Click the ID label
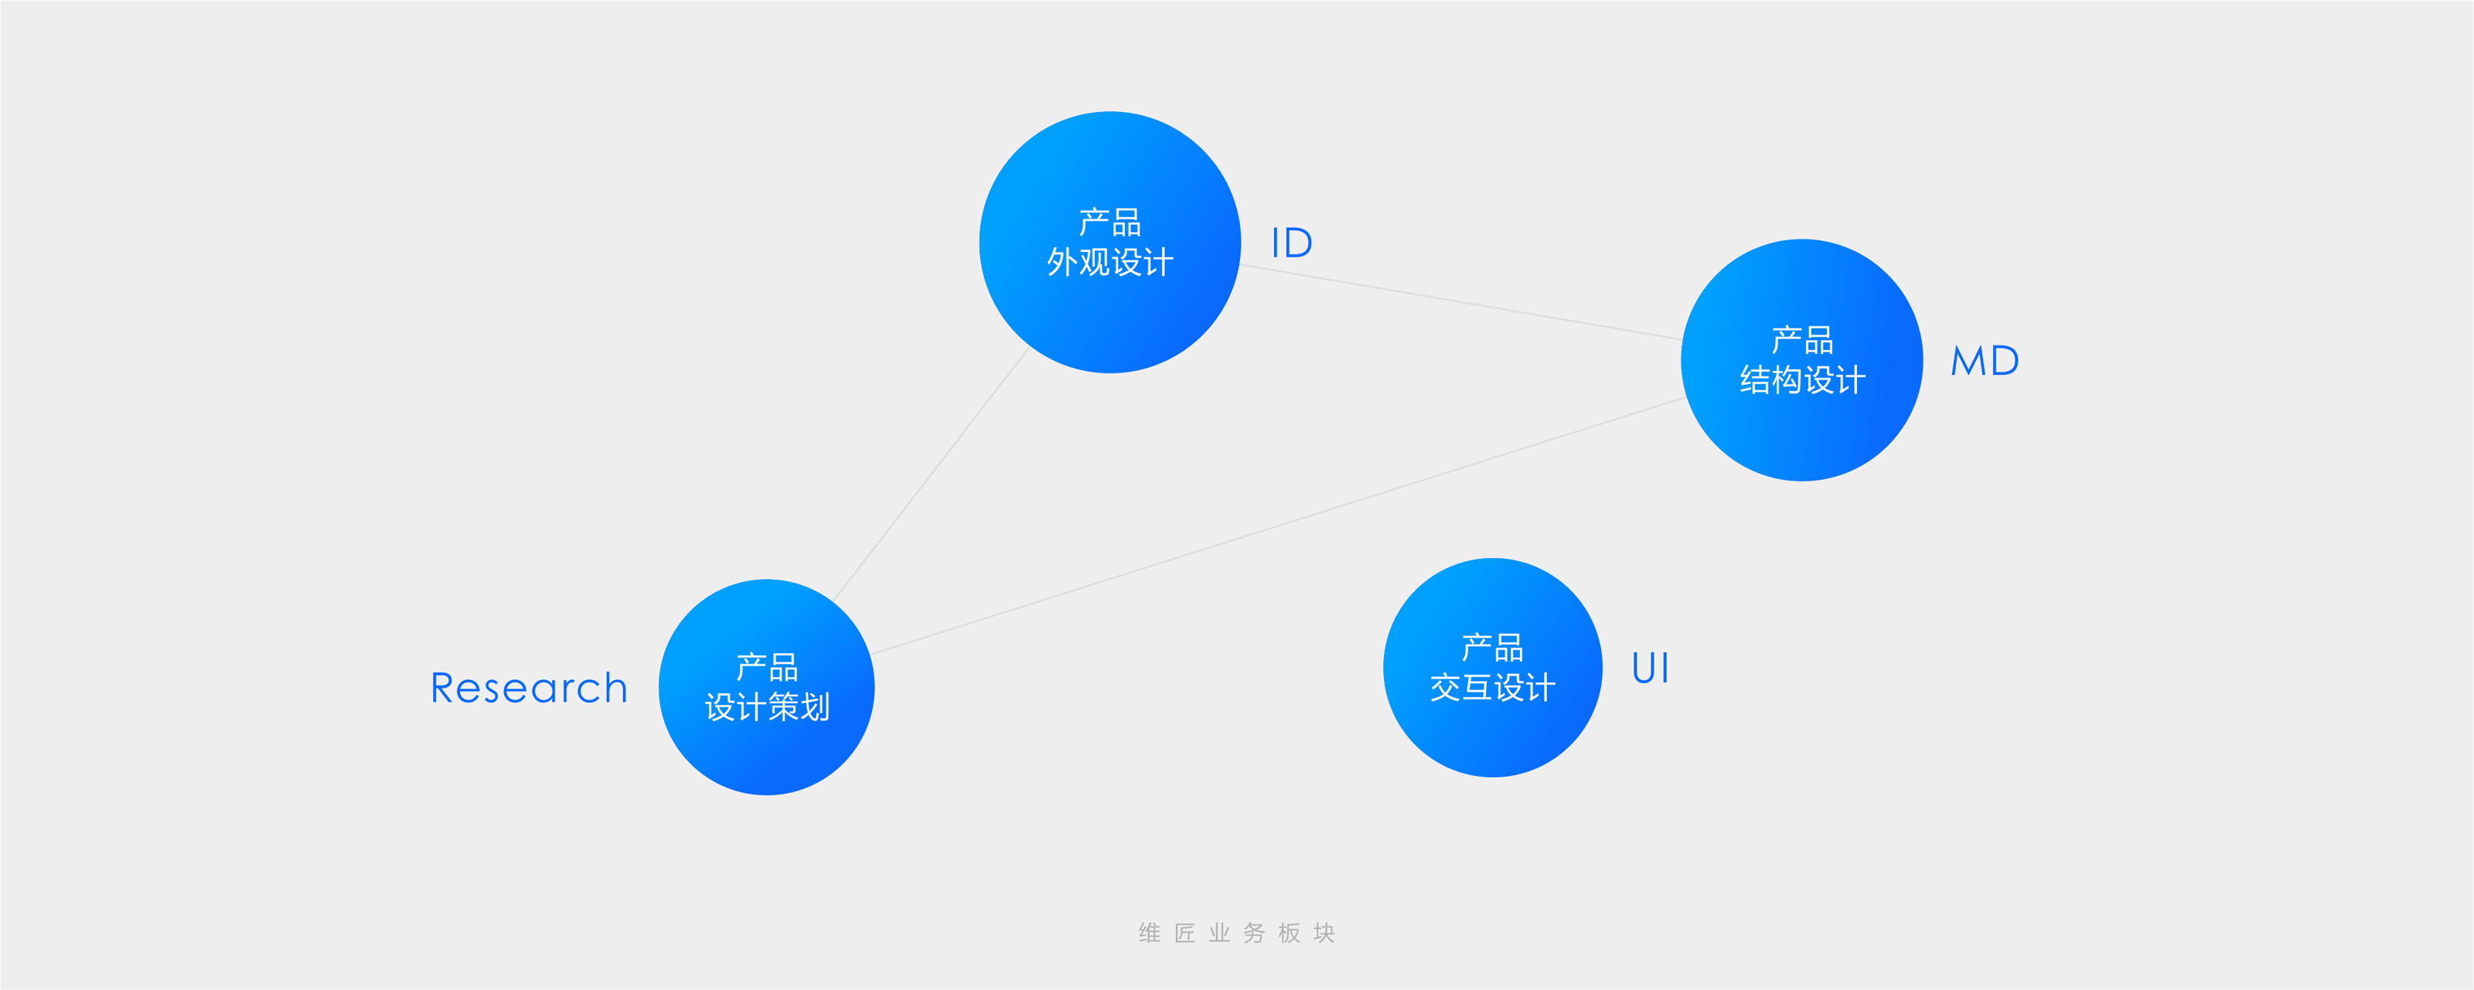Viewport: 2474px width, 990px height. pos(1292,243)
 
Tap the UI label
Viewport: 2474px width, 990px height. pos(1650,669)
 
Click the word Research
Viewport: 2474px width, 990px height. pos(528,689)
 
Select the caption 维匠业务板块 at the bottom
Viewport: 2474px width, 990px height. pos(1237,932)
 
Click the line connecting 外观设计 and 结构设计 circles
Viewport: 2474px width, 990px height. pos(1460,301)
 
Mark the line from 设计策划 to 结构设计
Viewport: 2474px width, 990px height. pos(1277,526)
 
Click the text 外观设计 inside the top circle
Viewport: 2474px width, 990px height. pos(1109,262)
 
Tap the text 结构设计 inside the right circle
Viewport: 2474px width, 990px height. pos(1801,380)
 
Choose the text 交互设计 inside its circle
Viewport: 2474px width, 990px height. pos(1492,688)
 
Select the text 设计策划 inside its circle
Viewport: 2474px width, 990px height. pos(766,708)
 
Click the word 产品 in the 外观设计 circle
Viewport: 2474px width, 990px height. pos(1109,223)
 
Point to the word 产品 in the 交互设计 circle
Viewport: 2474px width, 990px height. pos(1492,648)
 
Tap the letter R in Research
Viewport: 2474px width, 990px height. pos(443,689)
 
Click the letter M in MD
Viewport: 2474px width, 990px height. pos(1968,361)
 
